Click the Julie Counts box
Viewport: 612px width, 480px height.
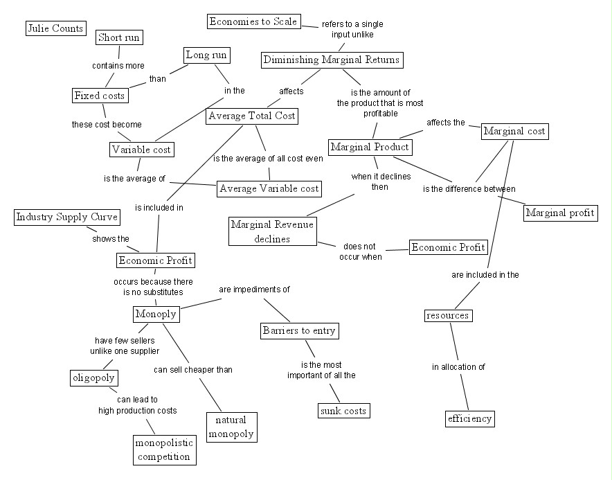56,28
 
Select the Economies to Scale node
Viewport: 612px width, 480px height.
253,21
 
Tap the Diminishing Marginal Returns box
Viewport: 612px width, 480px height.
332,60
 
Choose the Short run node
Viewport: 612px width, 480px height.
119,37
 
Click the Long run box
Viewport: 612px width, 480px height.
206,55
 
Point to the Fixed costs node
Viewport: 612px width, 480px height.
100,96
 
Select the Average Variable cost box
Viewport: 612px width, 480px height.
269,188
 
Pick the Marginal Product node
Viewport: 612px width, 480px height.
370,148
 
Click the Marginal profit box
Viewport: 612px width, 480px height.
561,213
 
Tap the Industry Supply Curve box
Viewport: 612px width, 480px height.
67,217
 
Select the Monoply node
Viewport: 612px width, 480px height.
156,314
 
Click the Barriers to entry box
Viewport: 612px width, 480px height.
299,331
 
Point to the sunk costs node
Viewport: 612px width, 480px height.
344,411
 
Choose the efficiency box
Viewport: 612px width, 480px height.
470,418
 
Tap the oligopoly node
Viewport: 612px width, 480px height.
93,378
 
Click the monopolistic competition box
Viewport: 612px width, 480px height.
164,450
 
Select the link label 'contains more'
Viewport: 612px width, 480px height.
118,66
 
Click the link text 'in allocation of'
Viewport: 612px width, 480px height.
458,367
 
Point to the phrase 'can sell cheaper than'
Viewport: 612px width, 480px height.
193,370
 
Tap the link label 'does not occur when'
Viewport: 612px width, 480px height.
360,252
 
